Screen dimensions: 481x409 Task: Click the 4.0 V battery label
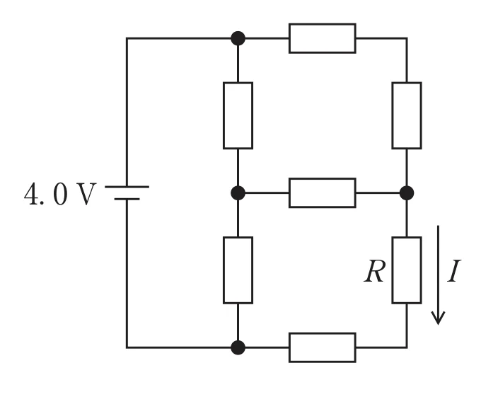click(x=60, y=194)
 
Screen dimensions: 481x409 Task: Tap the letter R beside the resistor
click(x=374, y=271)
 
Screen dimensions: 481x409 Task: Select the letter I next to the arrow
click(x=454, y=271)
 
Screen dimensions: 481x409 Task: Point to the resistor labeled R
click(x=407, y=270)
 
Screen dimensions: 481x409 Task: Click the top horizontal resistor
click(x=323, y=38)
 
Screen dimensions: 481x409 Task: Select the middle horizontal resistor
click(x=323, y=193)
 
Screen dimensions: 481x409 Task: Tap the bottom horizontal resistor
click(x=323, y=347)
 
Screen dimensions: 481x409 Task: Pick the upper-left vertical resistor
click(x=238, y=115)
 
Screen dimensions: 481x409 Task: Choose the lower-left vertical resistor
click(x=238, y=270)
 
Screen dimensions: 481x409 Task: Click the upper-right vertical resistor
click(x=407, y=115)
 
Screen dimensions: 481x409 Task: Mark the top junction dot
click(x=238, y=38)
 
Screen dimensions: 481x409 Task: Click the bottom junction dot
click(x=238, y=347)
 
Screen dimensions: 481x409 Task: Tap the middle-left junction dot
click(x=238, y=193)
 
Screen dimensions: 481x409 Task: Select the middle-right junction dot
click(x=407, y=193)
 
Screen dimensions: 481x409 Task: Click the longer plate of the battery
click(x=127, y=187)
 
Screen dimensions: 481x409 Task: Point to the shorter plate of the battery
click(x=127, y=199)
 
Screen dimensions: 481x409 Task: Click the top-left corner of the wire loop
click(x=127, y=38)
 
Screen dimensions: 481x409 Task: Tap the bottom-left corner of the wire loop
click(x=127, y=347)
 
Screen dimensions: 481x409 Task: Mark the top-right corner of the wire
click(x=407, y=38)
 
